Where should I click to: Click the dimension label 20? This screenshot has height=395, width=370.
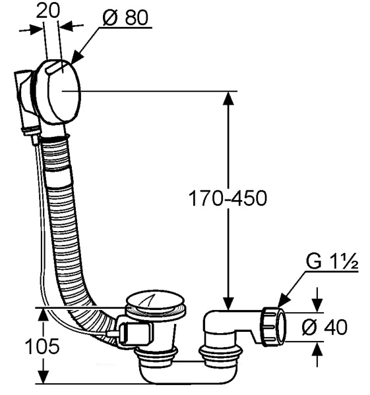click(x=48, y=11)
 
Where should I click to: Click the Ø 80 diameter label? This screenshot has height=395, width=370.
click(x=125, y=18)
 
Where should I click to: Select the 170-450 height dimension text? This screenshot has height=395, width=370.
click(x=228, y=198)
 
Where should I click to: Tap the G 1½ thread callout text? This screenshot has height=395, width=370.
click(x=332, y=262)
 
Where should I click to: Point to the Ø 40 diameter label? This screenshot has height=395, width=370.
click(x=324, y=327)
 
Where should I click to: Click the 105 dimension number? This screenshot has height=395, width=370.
click(x=42, y=346)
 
